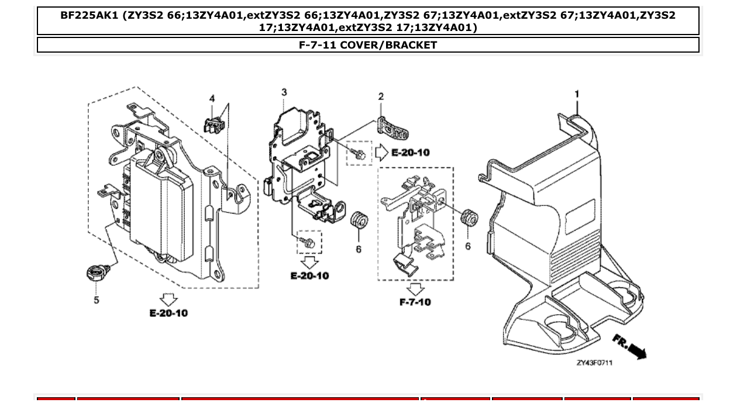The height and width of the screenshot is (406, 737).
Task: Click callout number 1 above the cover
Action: tap(577, 94)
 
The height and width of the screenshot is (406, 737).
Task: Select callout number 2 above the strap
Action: tap(381, 97)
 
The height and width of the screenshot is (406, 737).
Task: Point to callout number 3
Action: tap(284, 92)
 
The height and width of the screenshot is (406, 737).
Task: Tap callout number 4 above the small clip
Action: tap(212, 98)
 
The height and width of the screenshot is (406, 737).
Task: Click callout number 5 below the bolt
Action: tap(97, 300)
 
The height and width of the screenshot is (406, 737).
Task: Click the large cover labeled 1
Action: tap(556, 234)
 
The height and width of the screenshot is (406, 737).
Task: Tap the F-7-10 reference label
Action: tap(415, 302)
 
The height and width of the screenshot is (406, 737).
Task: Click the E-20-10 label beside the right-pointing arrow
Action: tap(410, 153)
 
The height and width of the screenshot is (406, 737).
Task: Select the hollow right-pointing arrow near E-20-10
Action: tap(381, 153)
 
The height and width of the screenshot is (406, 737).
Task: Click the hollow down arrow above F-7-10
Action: tap(415, 289)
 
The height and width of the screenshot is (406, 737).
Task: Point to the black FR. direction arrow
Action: tap(630, 347)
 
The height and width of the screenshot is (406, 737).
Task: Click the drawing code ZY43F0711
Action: tap(594, 363)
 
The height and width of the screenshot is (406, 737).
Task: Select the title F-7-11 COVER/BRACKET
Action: tap(368, 45)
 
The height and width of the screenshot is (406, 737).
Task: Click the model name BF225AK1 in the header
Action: tap(91, 15)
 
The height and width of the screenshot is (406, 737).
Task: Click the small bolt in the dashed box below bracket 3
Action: tap(308, 240)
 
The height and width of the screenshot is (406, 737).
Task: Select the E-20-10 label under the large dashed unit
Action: tap(168, 313)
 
